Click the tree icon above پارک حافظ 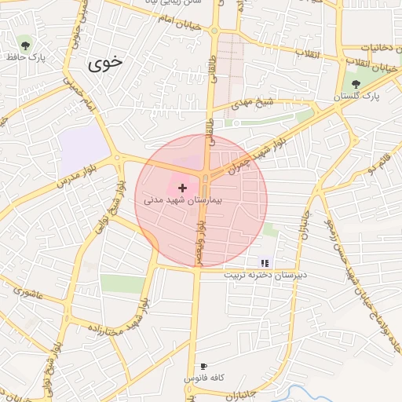tap(26, 44)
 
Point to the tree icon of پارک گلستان tap(356, 82)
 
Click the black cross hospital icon tap(183, 188)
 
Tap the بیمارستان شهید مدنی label tap(183, 201)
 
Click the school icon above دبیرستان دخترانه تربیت tap(265, 263)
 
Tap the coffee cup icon tap(204, 366)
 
